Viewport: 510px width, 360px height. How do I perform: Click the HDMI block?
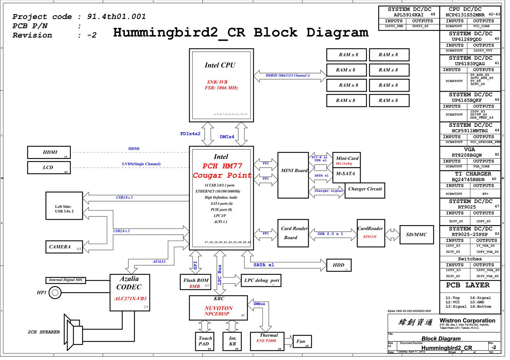[49, 152]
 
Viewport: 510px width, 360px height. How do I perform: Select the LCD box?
[49, 168]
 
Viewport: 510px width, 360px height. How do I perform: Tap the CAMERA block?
[64, 247]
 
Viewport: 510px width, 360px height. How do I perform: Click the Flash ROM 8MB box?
[196, 282]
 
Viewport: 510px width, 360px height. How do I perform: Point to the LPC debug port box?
[261, 281]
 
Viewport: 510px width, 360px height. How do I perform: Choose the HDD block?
[339, 265]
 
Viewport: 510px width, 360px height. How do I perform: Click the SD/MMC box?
[416, 235]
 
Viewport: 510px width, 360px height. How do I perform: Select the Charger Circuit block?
[365, 190]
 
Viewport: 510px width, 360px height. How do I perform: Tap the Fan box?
[302, 341]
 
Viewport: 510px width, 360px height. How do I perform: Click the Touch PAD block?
[205, 341]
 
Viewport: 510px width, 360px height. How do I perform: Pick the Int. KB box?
[232, 341]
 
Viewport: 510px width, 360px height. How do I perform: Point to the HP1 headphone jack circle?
[55, 293]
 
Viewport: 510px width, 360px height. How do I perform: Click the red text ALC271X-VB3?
[130, 299]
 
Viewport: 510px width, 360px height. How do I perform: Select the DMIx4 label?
[227, 137]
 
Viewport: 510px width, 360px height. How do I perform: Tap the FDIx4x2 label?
[190, 134]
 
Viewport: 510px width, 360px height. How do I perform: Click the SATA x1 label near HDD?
[264, 265]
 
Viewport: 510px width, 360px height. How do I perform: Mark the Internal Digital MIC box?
[66, 280]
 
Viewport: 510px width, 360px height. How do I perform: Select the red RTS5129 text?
[370, 237]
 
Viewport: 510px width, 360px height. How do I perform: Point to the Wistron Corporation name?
[467, 320]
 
